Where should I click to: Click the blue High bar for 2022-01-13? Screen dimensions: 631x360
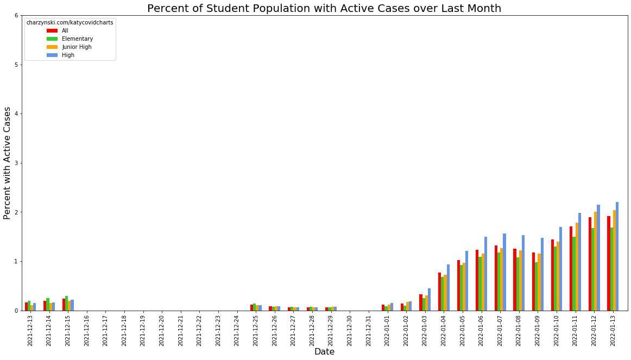pos(617,256)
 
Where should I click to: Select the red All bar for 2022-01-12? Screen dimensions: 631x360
pos(590,264)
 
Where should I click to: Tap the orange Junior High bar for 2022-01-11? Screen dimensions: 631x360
pos(577,267)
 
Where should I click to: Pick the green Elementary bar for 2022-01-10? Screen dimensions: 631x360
pos(556,279)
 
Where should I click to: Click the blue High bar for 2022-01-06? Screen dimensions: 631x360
pos(485,274)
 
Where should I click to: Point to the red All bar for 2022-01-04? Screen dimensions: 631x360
pos(439,292)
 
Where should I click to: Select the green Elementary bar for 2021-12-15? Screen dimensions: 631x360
pos(67,304)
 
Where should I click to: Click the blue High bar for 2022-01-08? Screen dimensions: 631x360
pos(523,273)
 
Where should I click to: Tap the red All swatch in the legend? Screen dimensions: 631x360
pos(52,30)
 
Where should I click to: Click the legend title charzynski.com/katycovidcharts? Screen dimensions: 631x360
pos(70,23)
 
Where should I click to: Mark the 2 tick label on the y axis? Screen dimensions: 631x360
pos(16,212)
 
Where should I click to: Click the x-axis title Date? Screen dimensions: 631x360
pos(324,352)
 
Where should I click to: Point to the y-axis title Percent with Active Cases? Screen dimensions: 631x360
pos(7,163)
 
